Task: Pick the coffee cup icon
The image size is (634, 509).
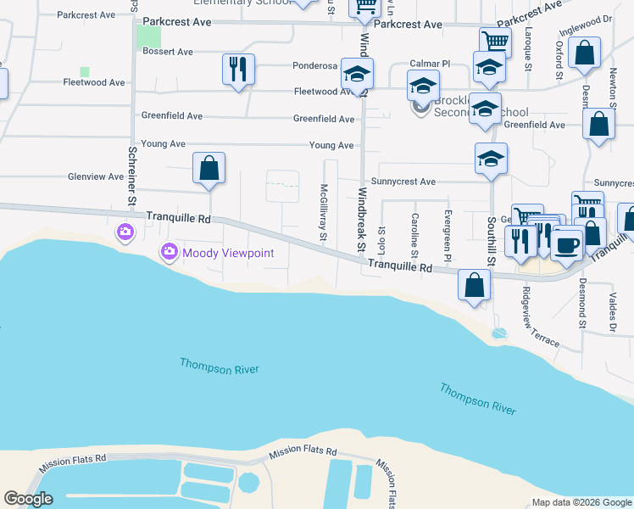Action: click(566, 244)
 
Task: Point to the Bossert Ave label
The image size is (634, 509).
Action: click(168, 52)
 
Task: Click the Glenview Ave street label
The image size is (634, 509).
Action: click(96, 176)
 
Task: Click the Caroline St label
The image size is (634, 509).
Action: click(415, 235)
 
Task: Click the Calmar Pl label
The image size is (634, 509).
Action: click(430, 64)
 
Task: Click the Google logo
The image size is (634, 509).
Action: click(29, 499)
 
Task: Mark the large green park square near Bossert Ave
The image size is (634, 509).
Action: click(149, 37)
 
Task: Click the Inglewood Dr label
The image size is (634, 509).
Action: click(586, 26)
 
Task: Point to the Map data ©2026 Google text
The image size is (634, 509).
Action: click(581, 502)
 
